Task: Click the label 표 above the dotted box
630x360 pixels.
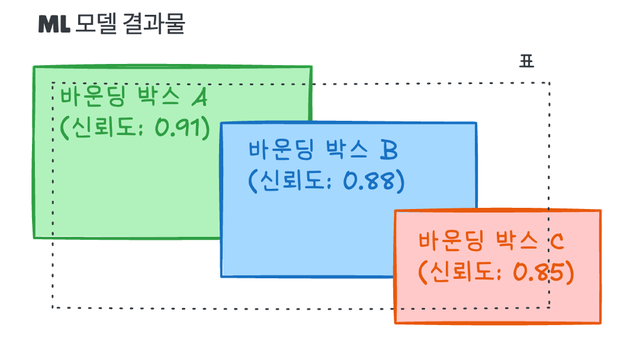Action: (526, 62)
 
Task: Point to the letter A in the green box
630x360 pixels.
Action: (199, 97)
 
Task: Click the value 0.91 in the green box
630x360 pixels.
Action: (182, 127)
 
